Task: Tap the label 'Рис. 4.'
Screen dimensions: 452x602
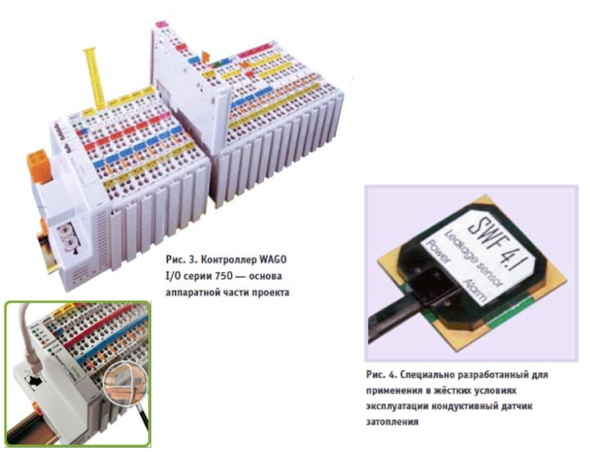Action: [x=379, y=374]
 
